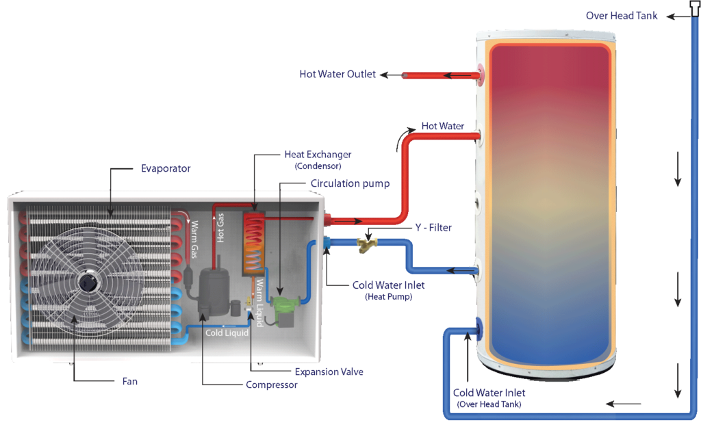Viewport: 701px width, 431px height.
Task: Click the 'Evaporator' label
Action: coord(166,168)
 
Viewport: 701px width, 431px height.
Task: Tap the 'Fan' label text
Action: coord(129,382)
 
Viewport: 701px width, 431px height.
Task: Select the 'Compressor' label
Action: coord(272,385)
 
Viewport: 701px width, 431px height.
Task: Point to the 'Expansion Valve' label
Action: coord(329,372)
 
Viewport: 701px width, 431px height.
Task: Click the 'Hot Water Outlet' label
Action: coord(337,75)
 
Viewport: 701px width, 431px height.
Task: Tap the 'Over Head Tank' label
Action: coord(622,16)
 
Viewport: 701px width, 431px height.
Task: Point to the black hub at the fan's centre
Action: coord(88,282)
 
